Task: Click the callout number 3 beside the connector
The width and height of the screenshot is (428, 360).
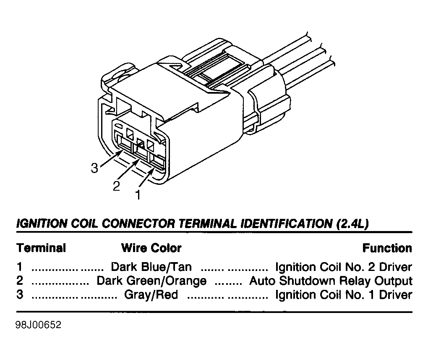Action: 94,168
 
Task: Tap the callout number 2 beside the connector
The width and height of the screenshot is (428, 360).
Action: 117,186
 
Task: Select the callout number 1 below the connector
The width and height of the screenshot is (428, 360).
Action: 138,195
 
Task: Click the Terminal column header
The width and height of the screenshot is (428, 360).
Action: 41,248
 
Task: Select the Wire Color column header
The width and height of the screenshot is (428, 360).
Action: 151,248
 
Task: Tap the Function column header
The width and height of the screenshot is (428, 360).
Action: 387,248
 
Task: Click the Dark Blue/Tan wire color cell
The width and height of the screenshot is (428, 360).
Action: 151,267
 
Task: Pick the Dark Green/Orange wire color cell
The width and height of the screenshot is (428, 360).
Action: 151,281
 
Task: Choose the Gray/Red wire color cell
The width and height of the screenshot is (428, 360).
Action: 151,294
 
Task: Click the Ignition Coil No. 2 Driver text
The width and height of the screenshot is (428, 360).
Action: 344,267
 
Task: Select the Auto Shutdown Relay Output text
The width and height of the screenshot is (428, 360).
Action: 331,281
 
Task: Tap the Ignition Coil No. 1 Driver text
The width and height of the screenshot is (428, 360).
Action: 344,294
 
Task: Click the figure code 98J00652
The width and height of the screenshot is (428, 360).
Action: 39,325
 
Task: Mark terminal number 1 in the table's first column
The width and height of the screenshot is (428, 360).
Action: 19,267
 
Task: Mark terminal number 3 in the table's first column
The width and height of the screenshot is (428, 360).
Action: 20,294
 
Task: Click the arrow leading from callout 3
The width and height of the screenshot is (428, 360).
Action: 110,158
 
